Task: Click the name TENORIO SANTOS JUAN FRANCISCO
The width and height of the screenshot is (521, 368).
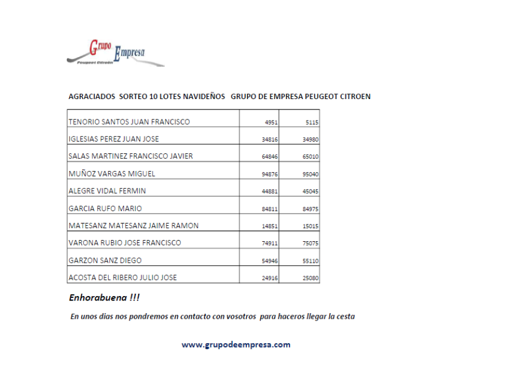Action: [129, 122]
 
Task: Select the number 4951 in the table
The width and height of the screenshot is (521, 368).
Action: [271, 122]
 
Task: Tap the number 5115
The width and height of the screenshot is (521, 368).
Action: [311, 122]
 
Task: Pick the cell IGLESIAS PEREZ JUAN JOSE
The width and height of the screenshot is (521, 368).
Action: [113, 139]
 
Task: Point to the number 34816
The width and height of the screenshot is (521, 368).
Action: [269, 140]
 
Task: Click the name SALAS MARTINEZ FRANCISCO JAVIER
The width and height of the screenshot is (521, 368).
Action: [130, 156]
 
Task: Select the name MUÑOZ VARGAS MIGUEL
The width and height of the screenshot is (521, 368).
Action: [112, 174]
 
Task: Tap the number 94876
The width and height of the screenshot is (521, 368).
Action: [269, 174]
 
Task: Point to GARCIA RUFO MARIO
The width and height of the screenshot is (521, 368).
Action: [105, 208]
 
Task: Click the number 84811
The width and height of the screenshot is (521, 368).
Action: [269, 209]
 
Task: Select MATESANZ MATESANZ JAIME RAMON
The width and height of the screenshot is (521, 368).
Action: [133, 225]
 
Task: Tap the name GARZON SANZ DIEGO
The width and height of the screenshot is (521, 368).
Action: [105, 260]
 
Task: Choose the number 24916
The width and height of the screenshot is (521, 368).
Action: [269, 279]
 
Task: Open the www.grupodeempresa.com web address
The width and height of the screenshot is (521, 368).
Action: [236, 344]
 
